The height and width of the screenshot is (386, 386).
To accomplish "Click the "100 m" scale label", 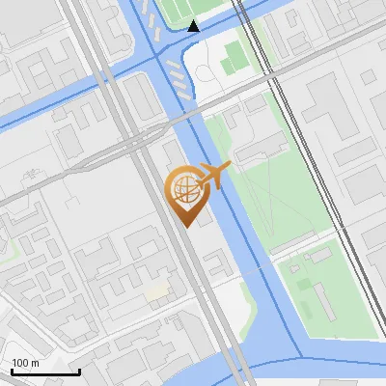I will (25, 363).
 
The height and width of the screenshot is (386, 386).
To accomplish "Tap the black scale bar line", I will (44, 372).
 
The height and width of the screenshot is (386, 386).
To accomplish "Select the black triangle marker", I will (194, 26).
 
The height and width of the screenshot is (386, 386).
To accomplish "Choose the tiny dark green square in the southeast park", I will (302, 286).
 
